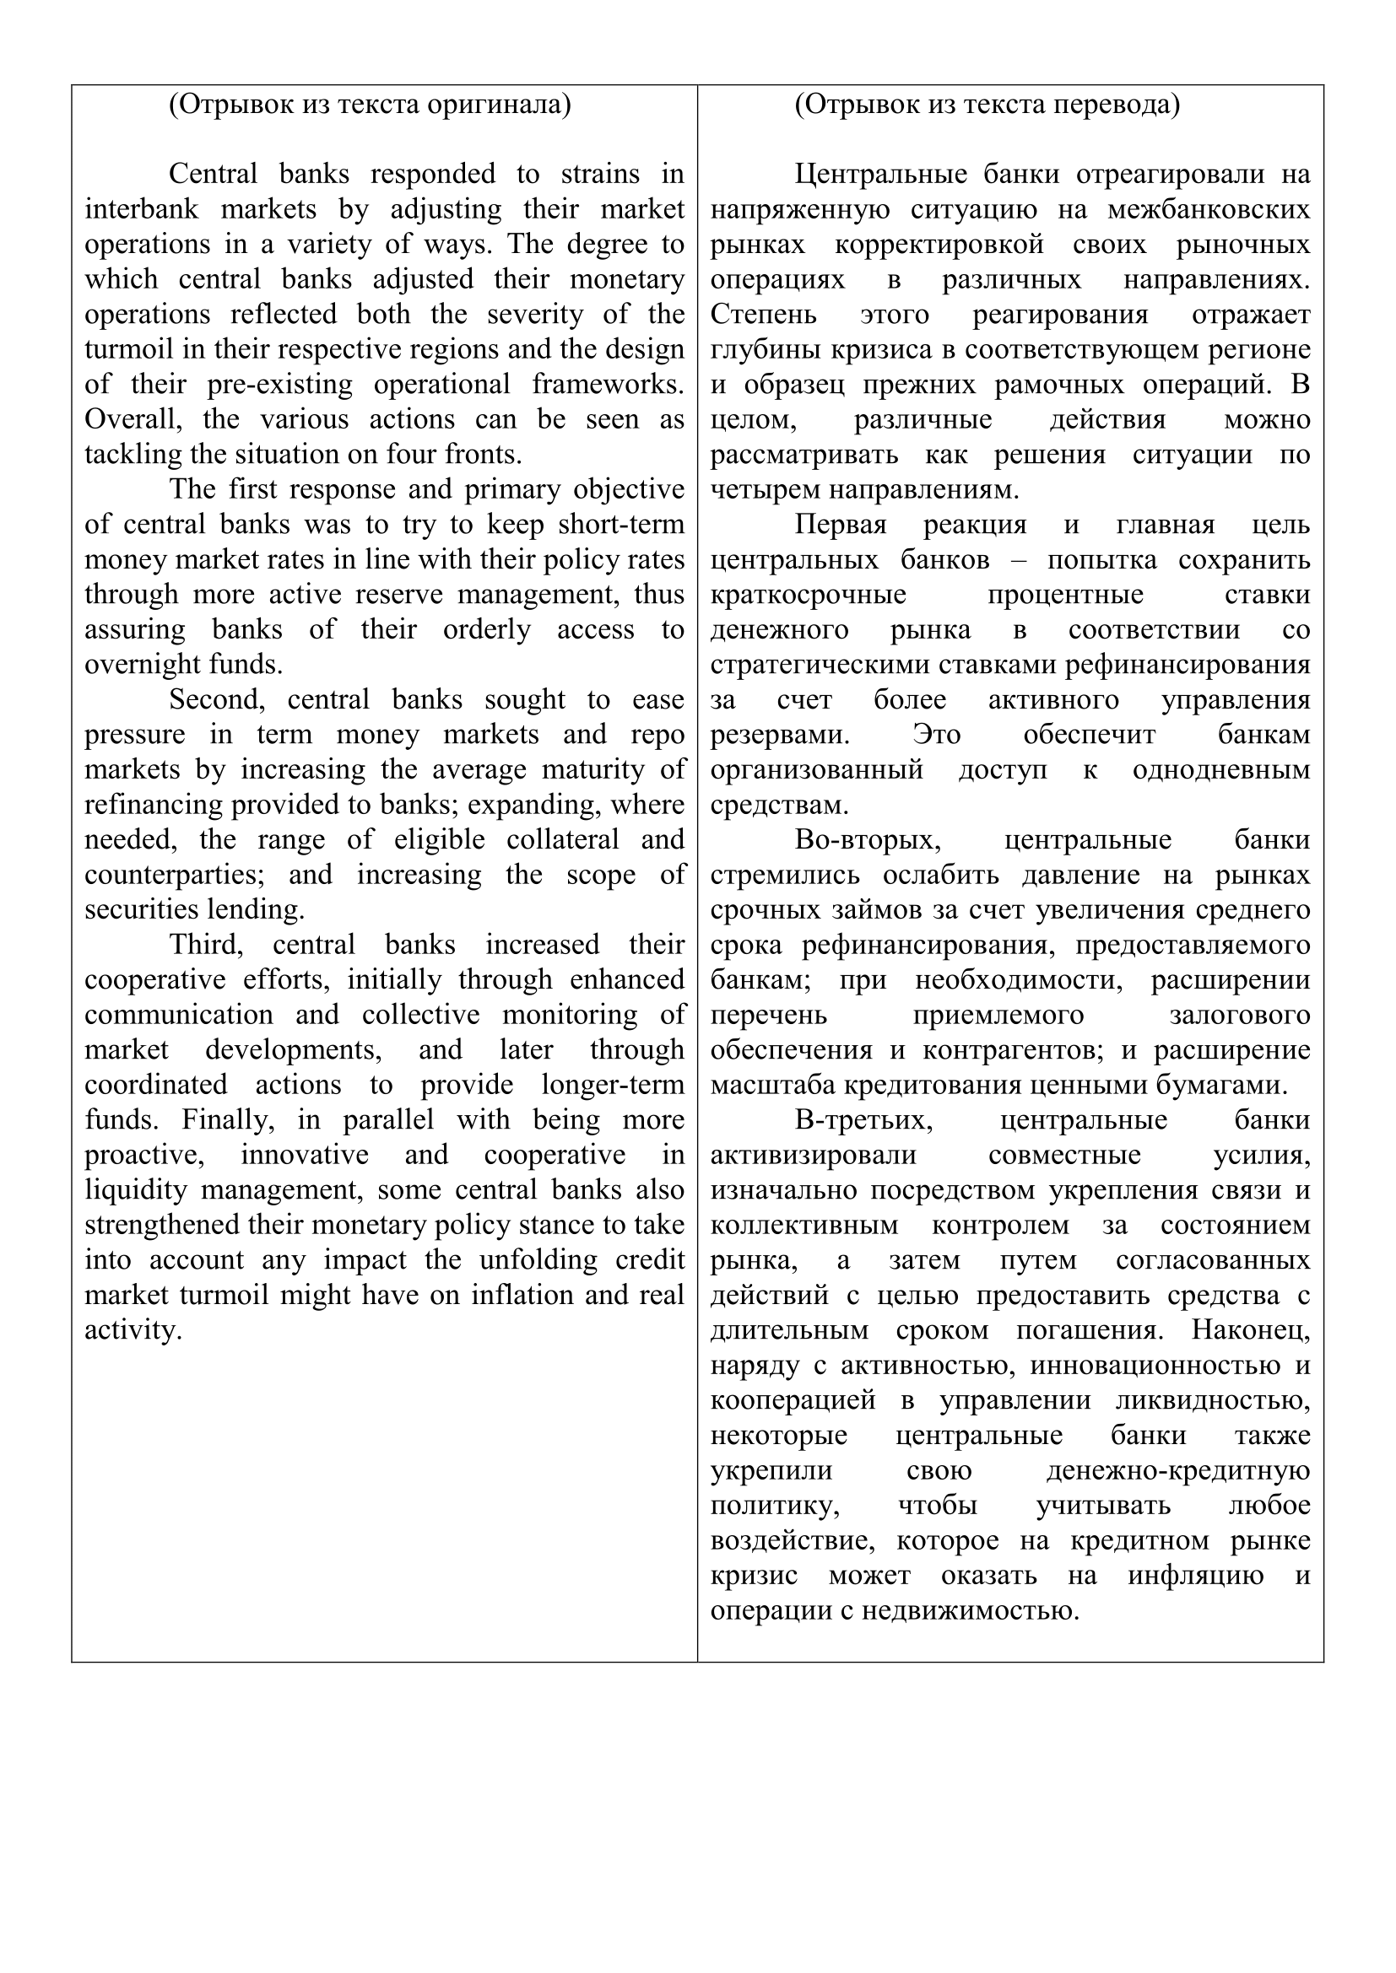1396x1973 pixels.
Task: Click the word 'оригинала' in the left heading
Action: coord(499,104)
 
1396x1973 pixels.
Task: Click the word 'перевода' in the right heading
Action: coord(1117,104)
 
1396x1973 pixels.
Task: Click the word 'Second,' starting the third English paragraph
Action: coord(217,699)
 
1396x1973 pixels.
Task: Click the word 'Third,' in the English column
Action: coord(206,945)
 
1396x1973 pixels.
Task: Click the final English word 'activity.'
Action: coord(133,1330)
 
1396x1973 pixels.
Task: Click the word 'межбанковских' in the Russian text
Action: coord(1209,210)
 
